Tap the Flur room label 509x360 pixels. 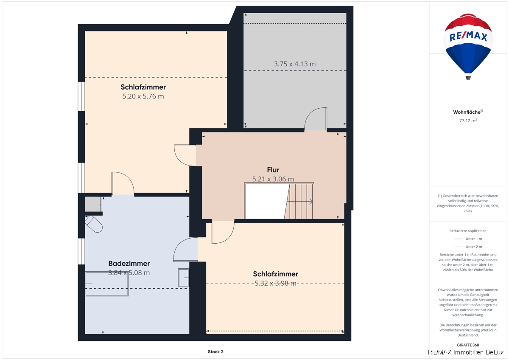273,170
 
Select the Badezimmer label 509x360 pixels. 129,263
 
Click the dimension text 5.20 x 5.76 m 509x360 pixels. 143,96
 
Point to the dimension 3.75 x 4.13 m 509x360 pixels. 294,64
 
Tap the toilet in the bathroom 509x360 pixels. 94,224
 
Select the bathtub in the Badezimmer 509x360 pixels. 107,284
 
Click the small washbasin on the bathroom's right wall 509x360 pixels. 184,278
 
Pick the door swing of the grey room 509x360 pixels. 316,119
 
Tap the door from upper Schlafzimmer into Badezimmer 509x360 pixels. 123,183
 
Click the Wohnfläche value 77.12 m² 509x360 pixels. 468,121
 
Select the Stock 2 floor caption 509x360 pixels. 215,352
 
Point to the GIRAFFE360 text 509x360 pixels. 468,345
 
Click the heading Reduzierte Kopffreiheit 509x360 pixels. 468,231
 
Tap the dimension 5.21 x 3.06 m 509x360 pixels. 273,179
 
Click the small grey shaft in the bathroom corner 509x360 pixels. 93,204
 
